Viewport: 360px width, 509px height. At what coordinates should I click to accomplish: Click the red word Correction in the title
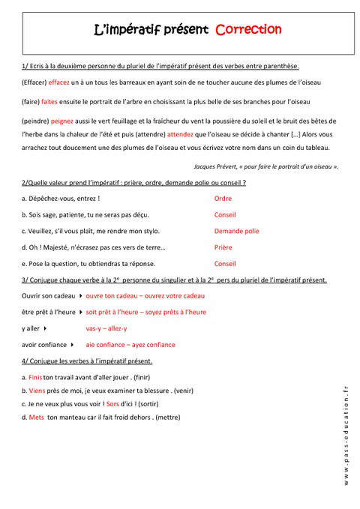(248, 30)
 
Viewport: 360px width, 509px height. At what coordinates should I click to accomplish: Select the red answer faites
(49, 101)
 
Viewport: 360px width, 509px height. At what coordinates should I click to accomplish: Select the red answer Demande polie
(236, 231)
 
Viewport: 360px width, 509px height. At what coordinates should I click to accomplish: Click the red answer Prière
(223, 247)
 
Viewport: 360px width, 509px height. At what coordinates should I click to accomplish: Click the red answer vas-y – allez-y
(106, 328)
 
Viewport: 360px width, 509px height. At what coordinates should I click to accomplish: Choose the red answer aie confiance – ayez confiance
(130, 345)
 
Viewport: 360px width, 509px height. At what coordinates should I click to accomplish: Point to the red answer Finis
(35, 377)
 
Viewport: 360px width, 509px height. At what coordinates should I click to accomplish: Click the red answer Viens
(37, 391)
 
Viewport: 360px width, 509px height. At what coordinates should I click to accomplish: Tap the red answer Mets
(36, 418)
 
